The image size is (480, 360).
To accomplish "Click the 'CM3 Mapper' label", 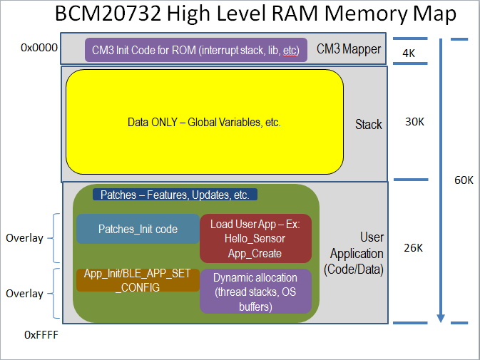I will pos(349,50).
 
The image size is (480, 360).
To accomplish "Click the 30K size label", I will pos(414,122).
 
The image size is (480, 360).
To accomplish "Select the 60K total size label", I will pos(464,180).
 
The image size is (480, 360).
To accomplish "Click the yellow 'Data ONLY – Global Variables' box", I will pos(204,122).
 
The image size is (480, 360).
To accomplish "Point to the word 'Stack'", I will pos(369,125).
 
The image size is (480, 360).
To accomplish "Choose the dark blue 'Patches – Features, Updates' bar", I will pos(175,195).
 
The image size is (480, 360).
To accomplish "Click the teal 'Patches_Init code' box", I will pos(138,230).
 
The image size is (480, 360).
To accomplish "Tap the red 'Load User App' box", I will pos(255,238).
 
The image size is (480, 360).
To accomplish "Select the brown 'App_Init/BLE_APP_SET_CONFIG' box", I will pos(138,279).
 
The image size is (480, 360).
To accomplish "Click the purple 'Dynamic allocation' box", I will pos(255,291).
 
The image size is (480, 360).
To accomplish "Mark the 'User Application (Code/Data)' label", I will pos(356,253).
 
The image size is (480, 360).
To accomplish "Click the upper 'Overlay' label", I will pos(24,238).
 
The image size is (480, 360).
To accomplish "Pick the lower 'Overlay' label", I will pos(24,294).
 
